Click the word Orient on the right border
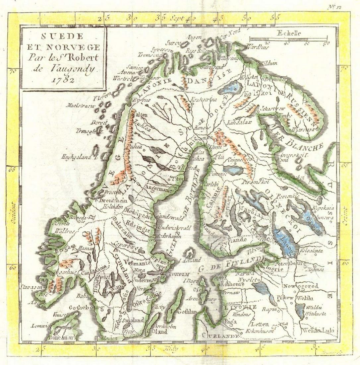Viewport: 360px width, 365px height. tap(345, 216)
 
